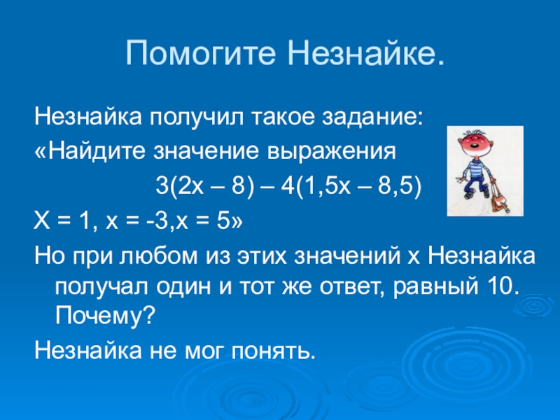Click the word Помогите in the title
(x=201, y=54)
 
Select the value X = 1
(x=61, y=222)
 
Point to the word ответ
(x=351, y=287)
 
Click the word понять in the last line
(x=274, y=351)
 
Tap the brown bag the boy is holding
(x=500, y=200)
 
